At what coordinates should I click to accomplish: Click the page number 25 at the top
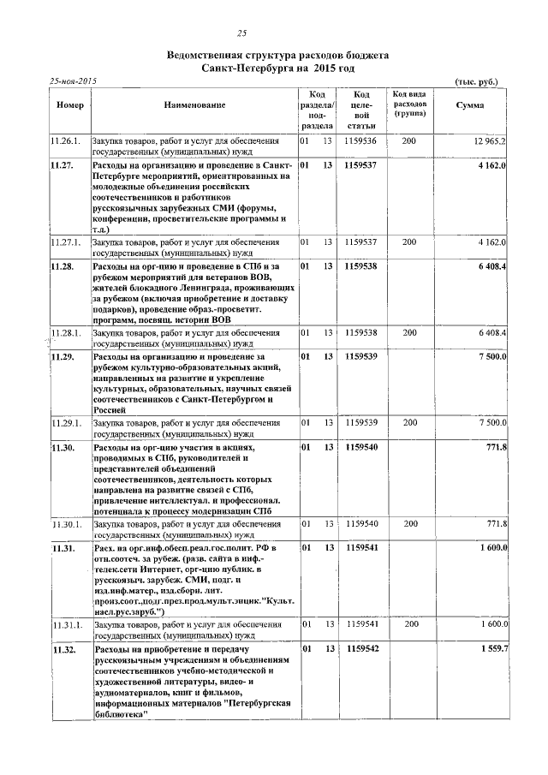pyautogui.click(x=242, y=34)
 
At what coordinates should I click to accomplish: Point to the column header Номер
pyautogui.click(x=69, y=105)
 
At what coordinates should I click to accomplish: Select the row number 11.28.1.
pyautogui.click(x=67, y=332)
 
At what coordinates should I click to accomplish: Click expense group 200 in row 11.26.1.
pyautogui.click(x=409, y=140)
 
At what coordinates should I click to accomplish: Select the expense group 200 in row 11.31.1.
pyautogui.click(x=409, y=625)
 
